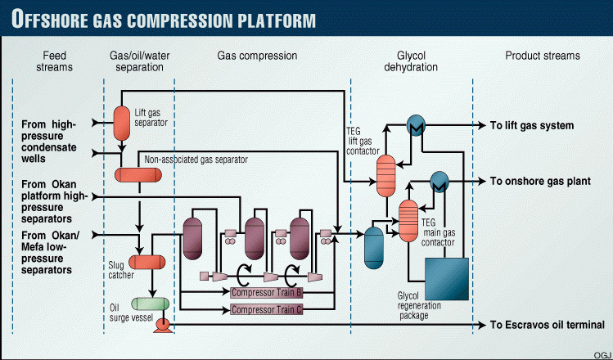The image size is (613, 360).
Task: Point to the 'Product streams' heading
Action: point(542,56)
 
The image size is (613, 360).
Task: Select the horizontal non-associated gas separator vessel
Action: point(140,174)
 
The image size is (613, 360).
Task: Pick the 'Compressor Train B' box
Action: point(267,293)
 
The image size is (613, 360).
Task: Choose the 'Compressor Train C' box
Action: point(267,310)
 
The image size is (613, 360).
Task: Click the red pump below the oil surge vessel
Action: point(162,325)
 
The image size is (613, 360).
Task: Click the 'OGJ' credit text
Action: point(602,353)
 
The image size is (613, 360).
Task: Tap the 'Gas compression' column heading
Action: point(257,56)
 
